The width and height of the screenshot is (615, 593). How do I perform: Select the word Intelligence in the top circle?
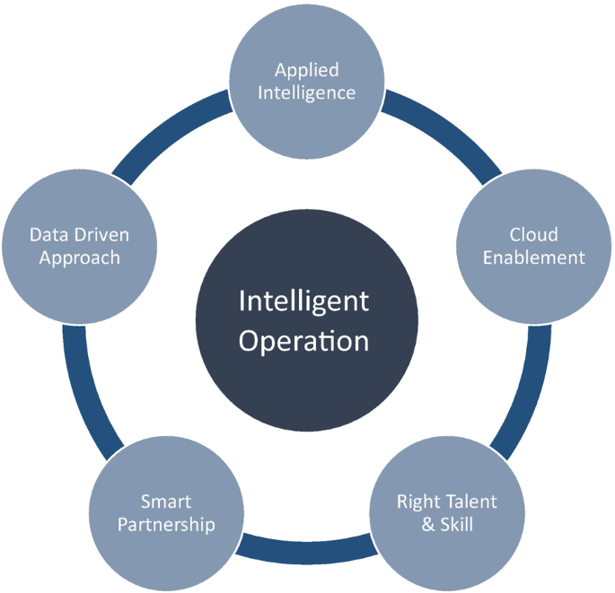pos(306,92)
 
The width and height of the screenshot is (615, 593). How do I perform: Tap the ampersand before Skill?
pos(427,523)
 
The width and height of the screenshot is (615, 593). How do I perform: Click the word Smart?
pos(166,501)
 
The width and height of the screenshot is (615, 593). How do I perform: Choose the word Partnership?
pos(166,524)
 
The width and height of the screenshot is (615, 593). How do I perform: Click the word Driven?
pos(102,235)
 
